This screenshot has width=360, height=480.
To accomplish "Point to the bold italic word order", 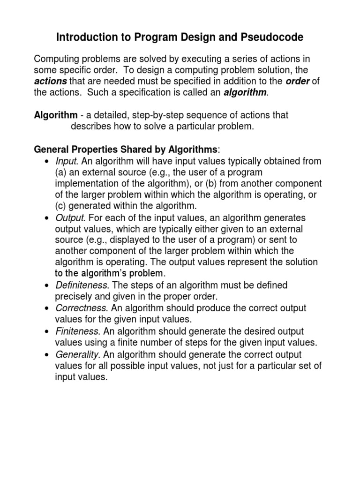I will coord(297,82).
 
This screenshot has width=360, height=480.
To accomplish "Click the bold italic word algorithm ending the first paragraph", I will coord(245,93).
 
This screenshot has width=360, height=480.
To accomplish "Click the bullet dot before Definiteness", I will coord(46,285).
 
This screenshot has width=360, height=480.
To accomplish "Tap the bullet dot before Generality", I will coord(46,354).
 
